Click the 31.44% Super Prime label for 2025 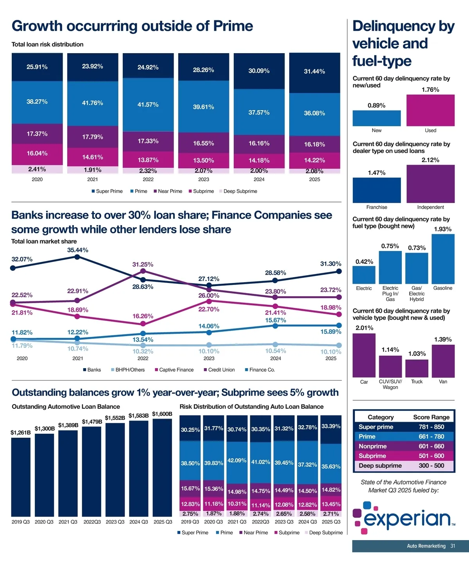314,72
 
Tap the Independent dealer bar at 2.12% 430,184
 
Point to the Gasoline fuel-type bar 443,259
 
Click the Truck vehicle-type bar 417,368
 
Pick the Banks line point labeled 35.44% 77,257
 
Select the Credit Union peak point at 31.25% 143,271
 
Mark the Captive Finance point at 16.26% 143,324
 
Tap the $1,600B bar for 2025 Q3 162,467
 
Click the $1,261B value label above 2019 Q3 20,433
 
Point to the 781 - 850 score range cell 431,427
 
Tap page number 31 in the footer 453,546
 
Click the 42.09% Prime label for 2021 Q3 237,460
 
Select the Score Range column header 431,417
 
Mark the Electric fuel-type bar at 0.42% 364,275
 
